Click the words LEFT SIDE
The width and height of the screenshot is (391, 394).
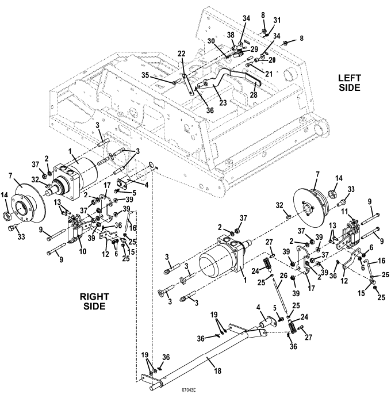350,83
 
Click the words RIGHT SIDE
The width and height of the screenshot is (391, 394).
94,301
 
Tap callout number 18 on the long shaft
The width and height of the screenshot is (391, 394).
217,370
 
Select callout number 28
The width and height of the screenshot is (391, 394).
254,94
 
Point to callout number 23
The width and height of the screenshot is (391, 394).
223,102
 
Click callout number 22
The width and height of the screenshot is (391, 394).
181,53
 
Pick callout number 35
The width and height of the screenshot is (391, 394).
145,75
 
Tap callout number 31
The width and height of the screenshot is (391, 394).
277,20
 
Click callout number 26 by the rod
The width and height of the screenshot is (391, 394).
283,275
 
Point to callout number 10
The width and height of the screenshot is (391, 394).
83,251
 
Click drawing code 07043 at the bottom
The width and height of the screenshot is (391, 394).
189,390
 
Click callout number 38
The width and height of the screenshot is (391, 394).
231,35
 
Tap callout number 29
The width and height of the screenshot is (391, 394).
254,49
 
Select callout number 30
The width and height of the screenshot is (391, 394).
212,41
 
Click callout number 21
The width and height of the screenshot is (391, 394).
269,74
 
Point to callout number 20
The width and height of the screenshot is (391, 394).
272,60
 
